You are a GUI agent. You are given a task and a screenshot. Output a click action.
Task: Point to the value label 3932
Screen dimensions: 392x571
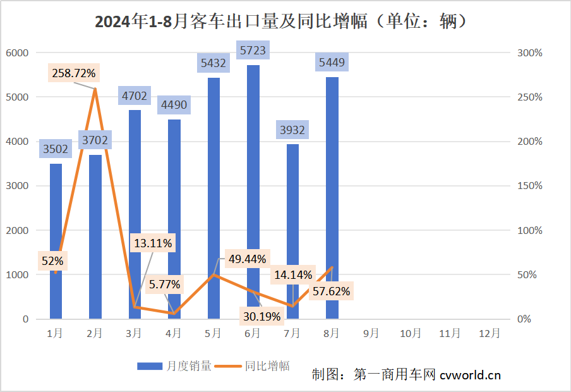coord(292,130)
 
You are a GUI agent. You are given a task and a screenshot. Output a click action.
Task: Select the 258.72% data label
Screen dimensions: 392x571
coord(74,73)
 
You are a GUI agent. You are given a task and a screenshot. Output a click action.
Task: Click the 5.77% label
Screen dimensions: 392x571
coord(165,284)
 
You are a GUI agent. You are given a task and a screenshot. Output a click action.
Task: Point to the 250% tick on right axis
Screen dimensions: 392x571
coord(529,97)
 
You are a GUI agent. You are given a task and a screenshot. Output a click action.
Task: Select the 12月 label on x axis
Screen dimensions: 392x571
coord(490,333)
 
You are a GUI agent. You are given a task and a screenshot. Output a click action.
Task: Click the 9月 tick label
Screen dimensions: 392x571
coord(371,333)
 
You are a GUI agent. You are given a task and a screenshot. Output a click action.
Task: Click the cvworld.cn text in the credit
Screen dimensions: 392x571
coord(470,374)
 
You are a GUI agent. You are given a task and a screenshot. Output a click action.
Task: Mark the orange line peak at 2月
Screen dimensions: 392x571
coord(95,89)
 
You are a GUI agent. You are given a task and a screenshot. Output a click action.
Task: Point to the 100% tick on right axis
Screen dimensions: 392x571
coord(529,231)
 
